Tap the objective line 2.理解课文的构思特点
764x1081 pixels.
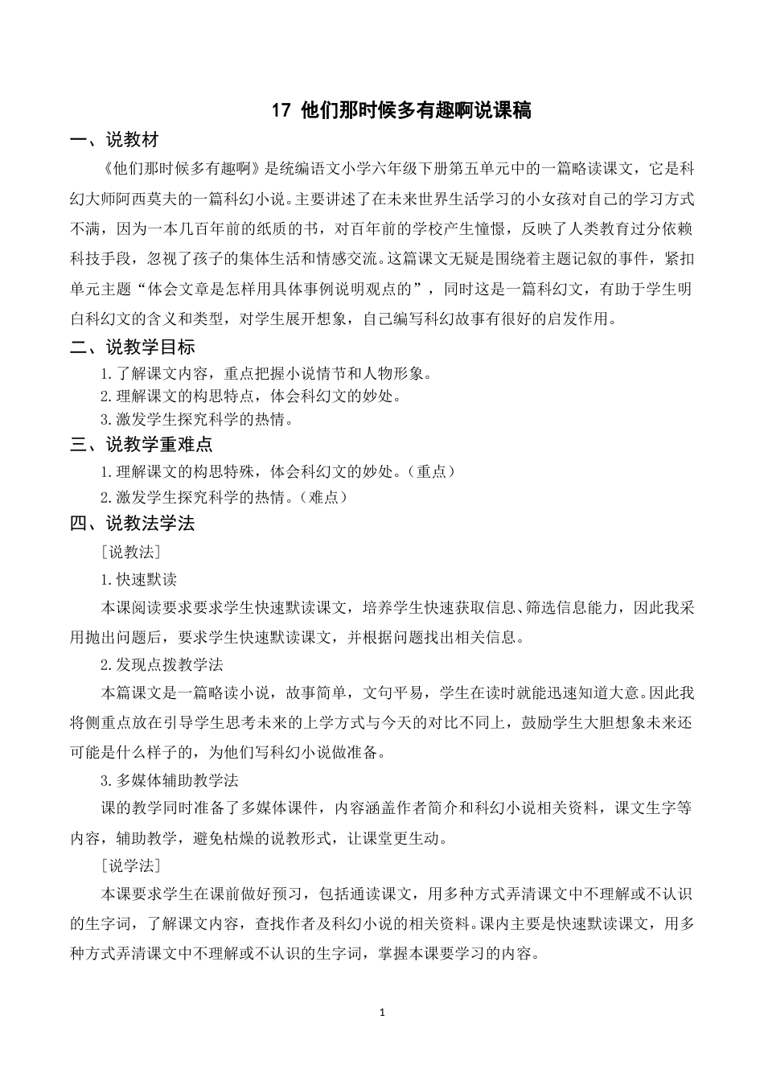(x=250, y=396)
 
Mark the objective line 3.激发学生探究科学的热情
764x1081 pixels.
(x=196, y=419)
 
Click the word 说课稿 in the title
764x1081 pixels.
(x=506, y=111)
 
